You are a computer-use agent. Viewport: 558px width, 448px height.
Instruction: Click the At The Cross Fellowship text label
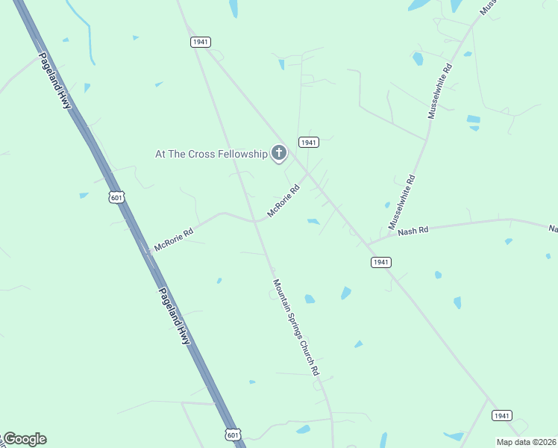(x=210, y=154)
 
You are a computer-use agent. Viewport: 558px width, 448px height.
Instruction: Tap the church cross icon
(x=278, y=154)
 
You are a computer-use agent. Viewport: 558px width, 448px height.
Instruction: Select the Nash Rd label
(x=413, y=231)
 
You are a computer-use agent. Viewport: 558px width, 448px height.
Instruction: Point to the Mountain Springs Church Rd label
(x=296, y=327)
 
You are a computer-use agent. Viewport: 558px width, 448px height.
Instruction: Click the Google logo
(x=25, y=439)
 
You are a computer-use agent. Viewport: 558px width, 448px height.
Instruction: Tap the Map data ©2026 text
(x=527, y=442)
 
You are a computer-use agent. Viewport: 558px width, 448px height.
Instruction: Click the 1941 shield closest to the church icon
(x=309, y=142)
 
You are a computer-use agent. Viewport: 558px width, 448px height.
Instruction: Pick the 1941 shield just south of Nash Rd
(x=380, y=262)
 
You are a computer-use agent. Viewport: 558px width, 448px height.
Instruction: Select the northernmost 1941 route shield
(x=200, y=42)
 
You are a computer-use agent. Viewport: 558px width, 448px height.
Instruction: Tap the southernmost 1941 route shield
(x=501, y=415)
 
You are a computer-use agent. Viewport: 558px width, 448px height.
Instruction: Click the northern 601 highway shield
(x=116, y=197)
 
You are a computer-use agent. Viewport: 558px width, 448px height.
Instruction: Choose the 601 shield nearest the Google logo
(x=233, y=434)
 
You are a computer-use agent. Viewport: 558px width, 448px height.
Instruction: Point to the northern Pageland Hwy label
(x=55, y=81)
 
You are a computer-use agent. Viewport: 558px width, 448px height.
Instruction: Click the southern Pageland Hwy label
(x=175, y=316)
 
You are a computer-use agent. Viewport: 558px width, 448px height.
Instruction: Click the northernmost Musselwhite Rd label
(x=439, y=91)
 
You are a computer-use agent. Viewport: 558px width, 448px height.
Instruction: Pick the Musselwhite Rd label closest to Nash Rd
(x=401, y=202)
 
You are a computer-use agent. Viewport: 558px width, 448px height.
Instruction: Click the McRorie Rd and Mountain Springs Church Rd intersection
(x=256, y=221)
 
